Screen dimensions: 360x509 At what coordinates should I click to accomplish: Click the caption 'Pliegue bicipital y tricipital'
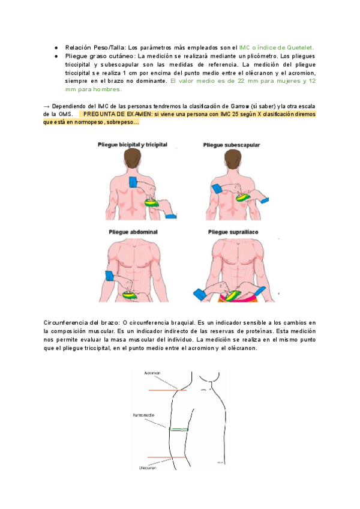point(132,145)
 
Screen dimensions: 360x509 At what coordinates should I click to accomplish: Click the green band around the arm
point(179,429)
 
